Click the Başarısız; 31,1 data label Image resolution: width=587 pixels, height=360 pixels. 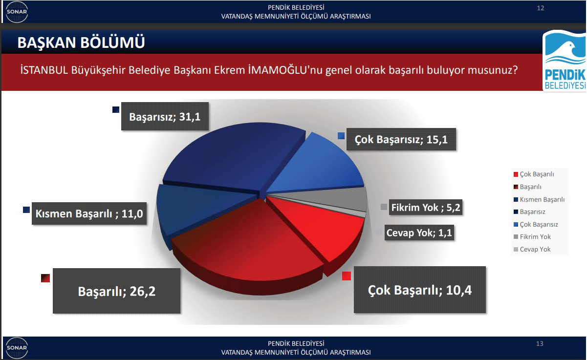pyautogui.click(x=165, y=116)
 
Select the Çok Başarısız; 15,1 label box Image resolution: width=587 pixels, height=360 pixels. pyautogui.click(x=401, y=139)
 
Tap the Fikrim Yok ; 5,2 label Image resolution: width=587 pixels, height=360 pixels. pyautogui.click(x=426, y=208)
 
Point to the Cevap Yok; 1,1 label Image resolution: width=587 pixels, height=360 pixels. pyautogui.click(x=419, y=233)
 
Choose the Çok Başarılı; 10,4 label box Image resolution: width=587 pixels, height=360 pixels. pyautogui.click(x=420, y=290)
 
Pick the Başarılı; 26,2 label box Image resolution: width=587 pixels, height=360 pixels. pyautogui.click(x=117, y=291)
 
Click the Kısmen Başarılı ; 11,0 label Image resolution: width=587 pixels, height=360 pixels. pyautogui.click(x=89, y=213)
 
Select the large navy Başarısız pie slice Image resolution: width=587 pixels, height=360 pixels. pyautogui.click(x=233, y=157)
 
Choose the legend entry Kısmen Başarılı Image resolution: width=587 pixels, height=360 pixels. pyautogui.click(x=542, y=199)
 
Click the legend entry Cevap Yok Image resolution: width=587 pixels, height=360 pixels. pyautogui.click(x=535, y=249)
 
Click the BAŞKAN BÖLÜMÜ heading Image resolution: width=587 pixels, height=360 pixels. pyautogui.click(x=81, y=42)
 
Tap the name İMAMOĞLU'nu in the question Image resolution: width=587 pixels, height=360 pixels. pyautogui.click(x=285, y=70)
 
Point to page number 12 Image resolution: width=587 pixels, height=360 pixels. pyautogui.click(x=541, y=8)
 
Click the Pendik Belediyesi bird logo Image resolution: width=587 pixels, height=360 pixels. pyautogui.click(x=565, y=61)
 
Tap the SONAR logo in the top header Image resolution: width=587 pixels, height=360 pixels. pyautogui.click(x=17, y=12)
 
